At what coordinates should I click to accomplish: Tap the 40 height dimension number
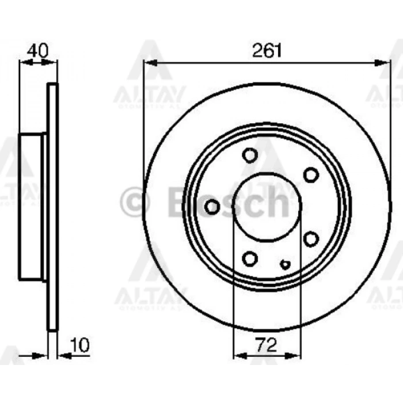[38, 50]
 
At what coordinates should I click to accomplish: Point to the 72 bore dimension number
[266, 345]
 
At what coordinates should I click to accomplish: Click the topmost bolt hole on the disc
[250, 155]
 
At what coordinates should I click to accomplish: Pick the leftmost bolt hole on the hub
[212, 207]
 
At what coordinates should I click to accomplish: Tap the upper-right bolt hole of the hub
[311, 174]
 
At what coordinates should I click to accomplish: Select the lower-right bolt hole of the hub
[311, 238]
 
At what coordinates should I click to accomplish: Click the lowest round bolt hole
[250, 258]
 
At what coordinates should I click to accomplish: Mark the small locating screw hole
[285, 264]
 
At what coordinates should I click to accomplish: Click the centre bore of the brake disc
[266, 207]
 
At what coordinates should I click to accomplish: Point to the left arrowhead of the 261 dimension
[148, 63]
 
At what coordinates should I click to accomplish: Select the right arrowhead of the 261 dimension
[386, 63]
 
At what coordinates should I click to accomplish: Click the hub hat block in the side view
[32, 207]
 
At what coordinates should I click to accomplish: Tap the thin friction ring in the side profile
[52, 207]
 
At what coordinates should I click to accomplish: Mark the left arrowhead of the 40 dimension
[23, 63]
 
